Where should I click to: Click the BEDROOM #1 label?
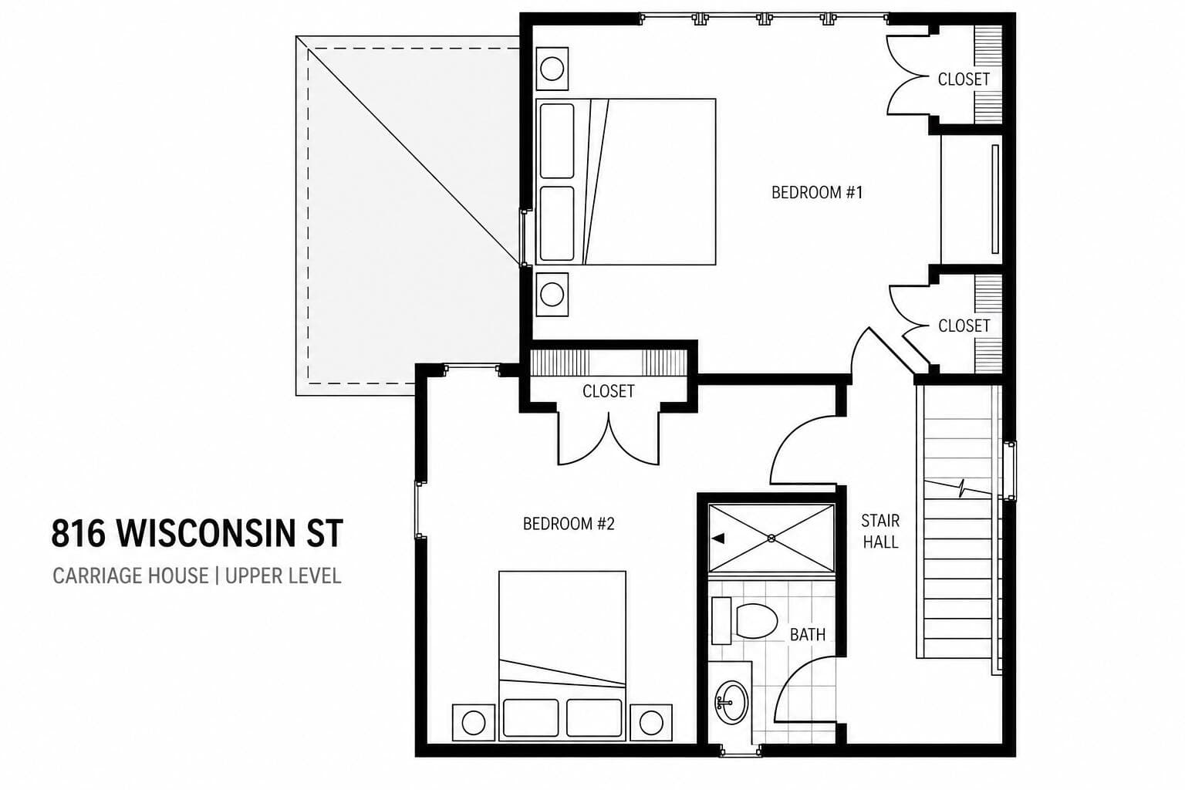coord(817,193)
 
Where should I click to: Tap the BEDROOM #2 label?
coord(569,524)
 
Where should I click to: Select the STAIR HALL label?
coord(880,532)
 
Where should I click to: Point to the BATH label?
coord(808,634)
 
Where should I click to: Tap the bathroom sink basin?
coord(732,703)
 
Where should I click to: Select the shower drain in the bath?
coord(771,538)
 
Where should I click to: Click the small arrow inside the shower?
coord(718,538)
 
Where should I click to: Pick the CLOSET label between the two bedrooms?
coord(609,392)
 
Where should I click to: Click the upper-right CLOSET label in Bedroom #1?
coord(964,79)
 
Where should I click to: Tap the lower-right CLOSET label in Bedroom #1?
coord(964,326)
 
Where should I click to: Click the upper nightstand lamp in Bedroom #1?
coord(552,69)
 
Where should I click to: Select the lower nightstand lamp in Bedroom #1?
coord(552,295)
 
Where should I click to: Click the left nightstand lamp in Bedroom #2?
coord(474,722)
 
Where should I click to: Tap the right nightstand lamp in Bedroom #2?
coord(650,722)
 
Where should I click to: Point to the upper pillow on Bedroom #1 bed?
coord(557,141)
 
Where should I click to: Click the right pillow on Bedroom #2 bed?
coord(594,717)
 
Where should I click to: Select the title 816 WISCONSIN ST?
coord(197,533)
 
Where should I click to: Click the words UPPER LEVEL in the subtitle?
coord(283,576)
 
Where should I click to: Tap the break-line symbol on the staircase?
coord(963,488)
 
